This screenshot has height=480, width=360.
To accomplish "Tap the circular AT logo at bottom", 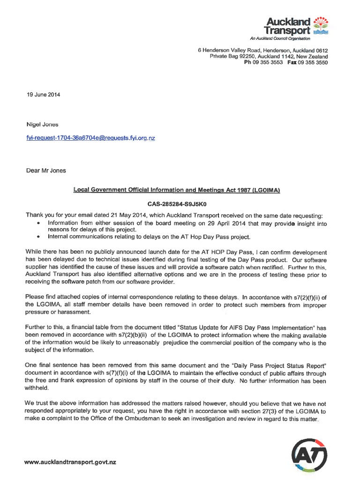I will point(309,453).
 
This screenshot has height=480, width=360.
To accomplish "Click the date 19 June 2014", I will point(43,94).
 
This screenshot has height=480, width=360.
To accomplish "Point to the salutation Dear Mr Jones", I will point(46,171).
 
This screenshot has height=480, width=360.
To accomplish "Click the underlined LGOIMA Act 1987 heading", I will point(176,190).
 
